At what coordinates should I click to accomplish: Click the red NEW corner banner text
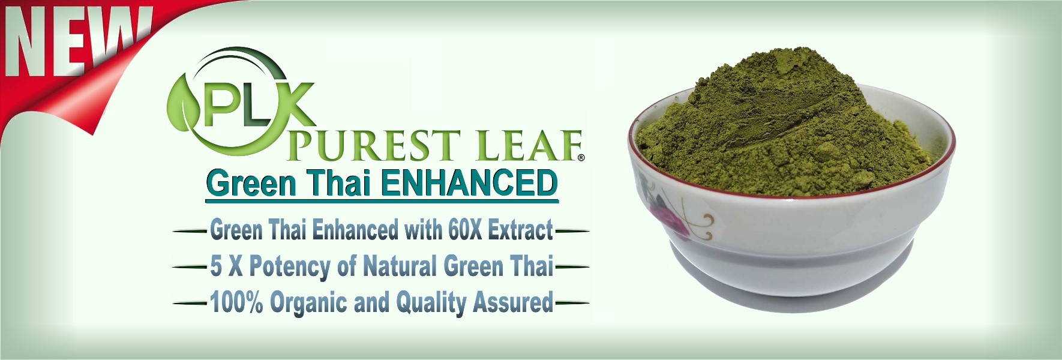[x=75, y=42]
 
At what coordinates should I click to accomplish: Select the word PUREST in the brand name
[x=374, y=146]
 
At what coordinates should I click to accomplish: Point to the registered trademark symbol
[x=581, y=158]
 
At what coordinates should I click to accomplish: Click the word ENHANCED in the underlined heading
[x=469, y=182]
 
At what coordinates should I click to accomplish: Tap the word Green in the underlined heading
[x=251, y=182]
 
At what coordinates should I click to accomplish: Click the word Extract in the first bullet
[x=520, y=230]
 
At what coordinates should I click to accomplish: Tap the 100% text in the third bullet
[x=236, y=302]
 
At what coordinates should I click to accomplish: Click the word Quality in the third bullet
[x=431, y=303]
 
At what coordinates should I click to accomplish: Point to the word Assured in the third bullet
[x=513, y=302]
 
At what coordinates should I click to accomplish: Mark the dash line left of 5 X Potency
[x=190, y=267]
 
